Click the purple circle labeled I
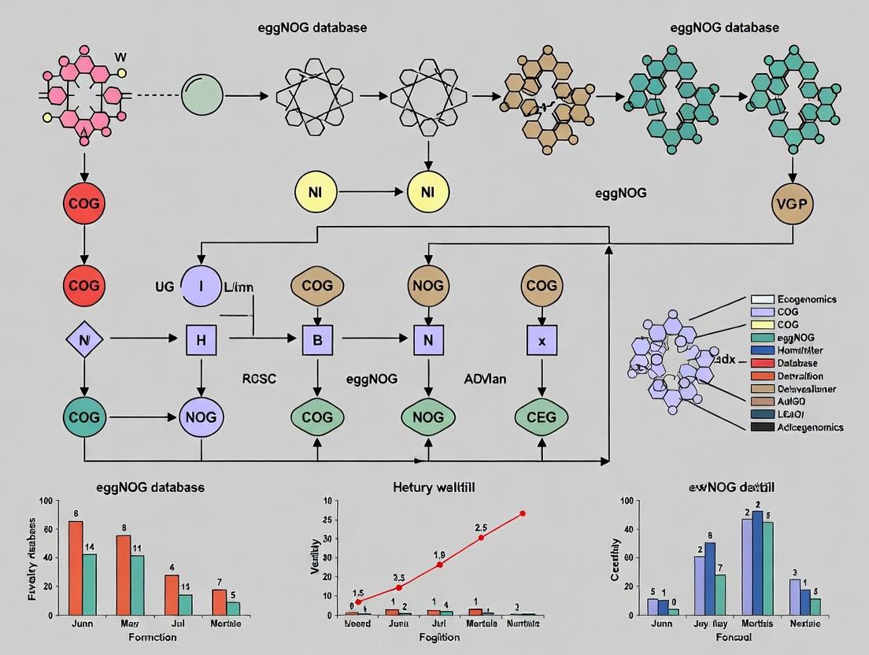(202, 285)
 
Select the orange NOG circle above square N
(427, 285)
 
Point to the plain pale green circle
(203, 96)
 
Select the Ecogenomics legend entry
(795, 299)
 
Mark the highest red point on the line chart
(522, 513)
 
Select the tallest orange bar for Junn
(76, 567)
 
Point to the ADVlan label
(485, 379)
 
